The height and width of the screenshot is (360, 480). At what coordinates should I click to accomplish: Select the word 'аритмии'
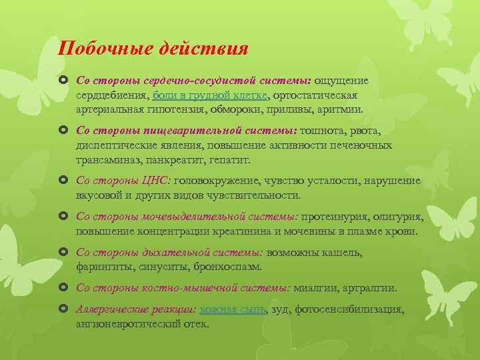point(343,109)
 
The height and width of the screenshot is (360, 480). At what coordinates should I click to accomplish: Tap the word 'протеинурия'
point(335,217)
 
